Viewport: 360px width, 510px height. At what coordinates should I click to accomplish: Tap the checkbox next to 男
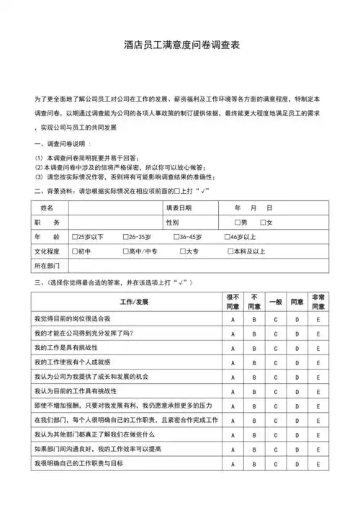tap(238, 223)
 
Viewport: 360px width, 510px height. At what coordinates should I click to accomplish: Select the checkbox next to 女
tap(264, 223)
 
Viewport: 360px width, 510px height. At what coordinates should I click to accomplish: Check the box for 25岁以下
tap(76, 237)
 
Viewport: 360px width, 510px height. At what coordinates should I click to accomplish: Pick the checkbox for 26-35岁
tap(125, 237)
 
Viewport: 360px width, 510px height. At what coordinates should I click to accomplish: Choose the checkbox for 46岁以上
tap(228, 237)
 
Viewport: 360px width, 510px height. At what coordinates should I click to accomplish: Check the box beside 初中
tap(76, 251)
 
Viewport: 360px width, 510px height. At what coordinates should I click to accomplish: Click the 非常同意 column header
tap(318, 301)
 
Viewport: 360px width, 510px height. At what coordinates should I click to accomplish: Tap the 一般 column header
tap(275, 301)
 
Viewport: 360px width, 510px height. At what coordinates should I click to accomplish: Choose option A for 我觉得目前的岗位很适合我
tap(233, 318)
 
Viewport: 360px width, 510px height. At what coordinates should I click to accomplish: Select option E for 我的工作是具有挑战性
tap(318, 348)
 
